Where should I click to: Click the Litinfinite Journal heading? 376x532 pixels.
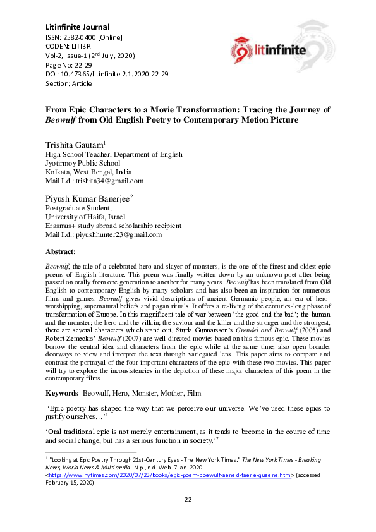tap(78, 27)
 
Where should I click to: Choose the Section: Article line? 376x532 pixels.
tap(68, 83)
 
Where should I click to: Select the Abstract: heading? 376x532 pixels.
tap(66, 251)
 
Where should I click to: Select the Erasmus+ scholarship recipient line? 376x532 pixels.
tap(112, 226)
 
